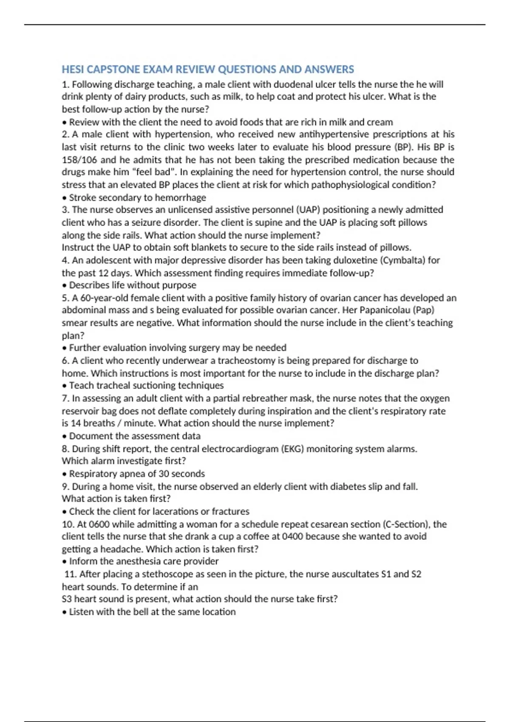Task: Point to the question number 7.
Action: pos(65,398)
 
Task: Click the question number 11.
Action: pos(70,574)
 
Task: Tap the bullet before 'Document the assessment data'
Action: pos(64,437)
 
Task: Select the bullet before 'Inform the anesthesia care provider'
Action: pos(64,562)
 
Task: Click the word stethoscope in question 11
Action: pos(171,574)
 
